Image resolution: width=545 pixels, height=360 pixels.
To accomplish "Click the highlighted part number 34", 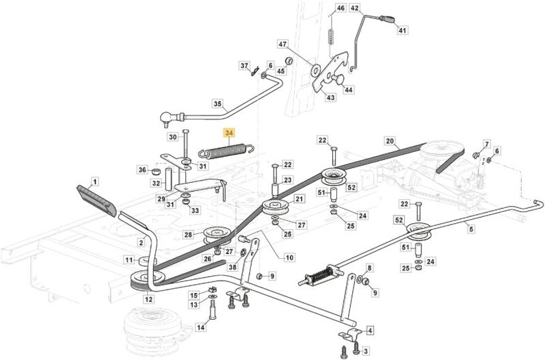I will (228, 132).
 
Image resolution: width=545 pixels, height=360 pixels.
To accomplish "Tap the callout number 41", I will (402, 31).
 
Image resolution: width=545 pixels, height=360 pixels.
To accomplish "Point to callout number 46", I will (341, 8).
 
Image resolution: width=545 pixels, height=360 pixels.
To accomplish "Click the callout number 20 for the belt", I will (390, 142).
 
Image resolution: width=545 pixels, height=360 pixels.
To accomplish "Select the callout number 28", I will (189, 235).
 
